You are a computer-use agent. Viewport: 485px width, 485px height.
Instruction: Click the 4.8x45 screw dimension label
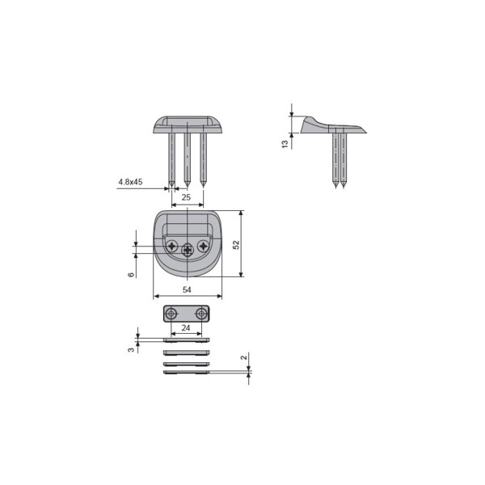[130, 182]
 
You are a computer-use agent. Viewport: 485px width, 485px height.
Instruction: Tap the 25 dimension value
[186, 197]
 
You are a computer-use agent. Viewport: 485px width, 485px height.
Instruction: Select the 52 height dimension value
[236, 245]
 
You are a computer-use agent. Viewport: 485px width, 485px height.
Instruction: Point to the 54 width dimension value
[187, 290]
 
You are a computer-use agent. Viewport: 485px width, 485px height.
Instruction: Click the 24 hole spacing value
[186, 327]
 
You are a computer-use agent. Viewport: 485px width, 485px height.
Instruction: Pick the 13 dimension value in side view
[285, 144]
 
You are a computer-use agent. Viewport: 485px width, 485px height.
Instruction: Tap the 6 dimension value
[131, 275]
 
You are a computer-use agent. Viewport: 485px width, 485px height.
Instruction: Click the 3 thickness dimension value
[131, 349]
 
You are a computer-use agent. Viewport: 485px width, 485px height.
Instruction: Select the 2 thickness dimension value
[244, 357]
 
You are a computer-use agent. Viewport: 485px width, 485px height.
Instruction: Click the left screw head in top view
[172, 247]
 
